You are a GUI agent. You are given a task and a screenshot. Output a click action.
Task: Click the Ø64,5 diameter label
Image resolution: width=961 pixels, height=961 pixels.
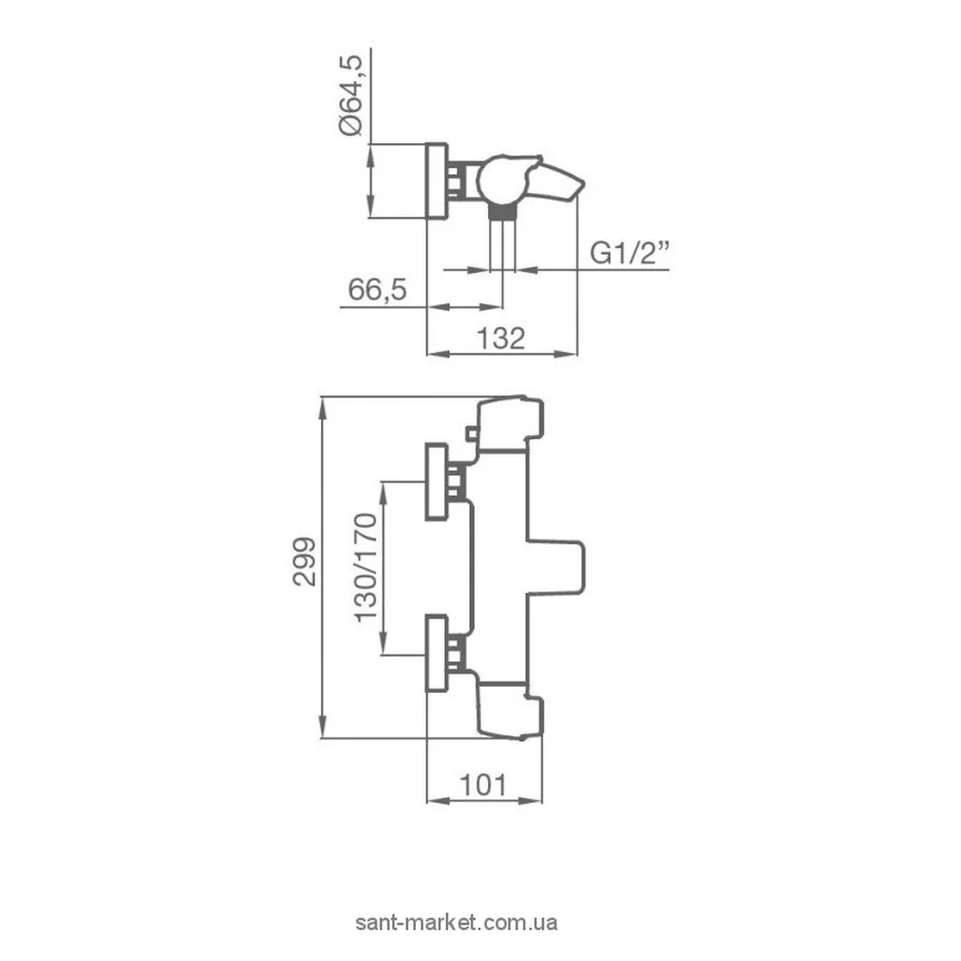(351, 95)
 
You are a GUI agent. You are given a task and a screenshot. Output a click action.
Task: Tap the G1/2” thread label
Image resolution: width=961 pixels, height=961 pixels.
(629, 253)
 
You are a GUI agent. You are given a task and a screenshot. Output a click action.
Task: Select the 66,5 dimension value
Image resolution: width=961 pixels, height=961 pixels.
(377, 289)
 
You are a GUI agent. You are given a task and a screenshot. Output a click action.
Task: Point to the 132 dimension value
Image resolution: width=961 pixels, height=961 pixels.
(501, 338)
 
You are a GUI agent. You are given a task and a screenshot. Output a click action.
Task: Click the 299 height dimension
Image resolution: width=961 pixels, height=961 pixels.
(305, 562)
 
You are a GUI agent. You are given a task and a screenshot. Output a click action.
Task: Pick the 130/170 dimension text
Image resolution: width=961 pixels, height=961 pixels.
(366, 568)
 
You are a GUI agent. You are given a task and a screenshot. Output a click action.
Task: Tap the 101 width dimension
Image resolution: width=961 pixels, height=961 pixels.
(483, 785)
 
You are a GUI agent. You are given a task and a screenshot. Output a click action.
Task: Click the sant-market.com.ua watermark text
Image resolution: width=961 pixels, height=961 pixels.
(456, 923)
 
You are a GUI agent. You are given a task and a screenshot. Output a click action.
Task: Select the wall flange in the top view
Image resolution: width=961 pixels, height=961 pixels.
(436, 182)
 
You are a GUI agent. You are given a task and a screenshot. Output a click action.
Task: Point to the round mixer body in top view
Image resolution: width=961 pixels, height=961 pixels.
(500, 181)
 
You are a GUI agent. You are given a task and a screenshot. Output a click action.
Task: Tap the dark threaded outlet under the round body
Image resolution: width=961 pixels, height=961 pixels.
(504, 212)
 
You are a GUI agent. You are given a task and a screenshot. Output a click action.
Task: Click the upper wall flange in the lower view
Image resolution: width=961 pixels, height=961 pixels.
(436, 481)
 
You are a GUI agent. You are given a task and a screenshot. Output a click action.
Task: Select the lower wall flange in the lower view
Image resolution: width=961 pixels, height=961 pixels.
(436, 653)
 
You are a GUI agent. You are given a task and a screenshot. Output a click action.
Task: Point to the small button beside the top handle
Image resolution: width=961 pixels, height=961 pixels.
(472, 434)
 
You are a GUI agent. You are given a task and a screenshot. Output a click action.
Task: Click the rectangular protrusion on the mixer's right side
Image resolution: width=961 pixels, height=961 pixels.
(555, 568)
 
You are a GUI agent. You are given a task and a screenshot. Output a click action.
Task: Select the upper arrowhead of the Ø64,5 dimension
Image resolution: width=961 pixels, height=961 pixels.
(370, 156)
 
